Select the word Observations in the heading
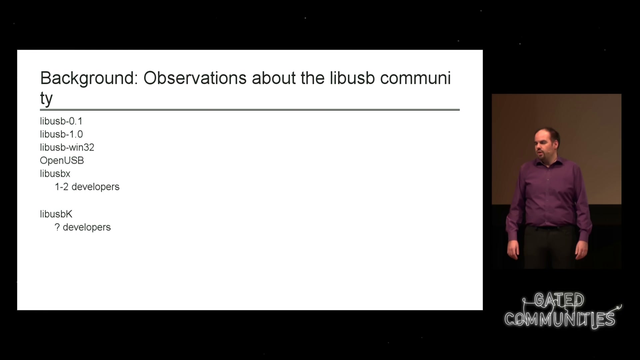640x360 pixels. pos(195,78)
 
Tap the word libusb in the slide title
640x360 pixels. pos(352,78)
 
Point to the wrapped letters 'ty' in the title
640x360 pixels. pos(46,99)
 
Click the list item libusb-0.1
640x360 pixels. pos(61,121)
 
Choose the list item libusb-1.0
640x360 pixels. pos(61,134)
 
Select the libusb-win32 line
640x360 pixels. pos(67,147)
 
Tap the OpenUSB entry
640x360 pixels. pos(62,160)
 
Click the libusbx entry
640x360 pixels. pos(55,173)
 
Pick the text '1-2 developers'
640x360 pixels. pos(87,187)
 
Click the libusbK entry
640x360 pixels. pos(56,214)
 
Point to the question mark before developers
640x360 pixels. pos(57,227)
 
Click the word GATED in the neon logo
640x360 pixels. pos(559,300)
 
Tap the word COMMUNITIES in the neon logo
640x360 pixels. pos(560,319)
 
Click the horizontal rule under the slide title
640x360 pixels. pos(250,109)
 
